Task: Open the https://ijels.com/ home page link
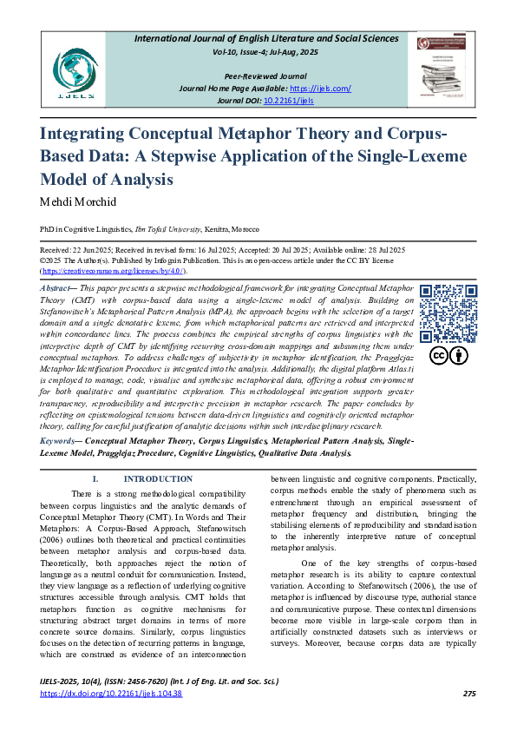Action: [320, 89]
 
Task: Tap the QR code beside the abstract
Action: [443, 313]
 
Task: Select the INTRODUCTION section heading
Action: [152, 478]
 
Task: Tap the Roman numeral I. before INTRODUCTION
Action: [95, 478]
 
